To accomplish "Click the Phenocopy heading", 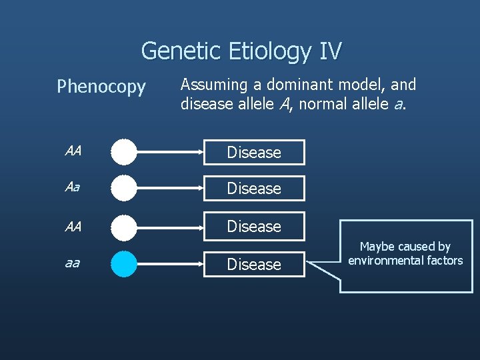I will (x=101, y=87).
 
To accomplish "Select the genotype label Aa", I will (x=72, y=188).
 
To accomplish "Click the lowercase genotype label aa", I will (x=72, y=263).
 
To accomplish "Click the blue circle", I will (x=124, y=264).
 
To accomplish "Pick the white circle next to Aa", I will (x=124, y=188).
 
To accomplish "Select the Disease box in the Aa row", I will (x=254, y=189).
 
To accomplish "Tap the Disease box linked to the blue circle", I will (x=254, y=265).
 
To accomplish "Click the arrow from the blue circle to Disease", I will (x=170, y=264).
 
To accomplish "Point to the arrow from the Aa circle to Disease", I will (x=170, y=188).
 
